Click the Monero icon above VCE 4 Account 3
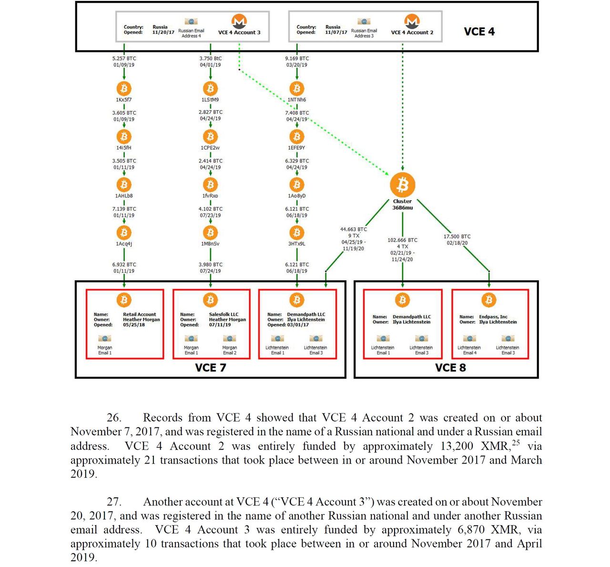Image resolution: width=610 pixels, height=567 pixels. pos(239,21)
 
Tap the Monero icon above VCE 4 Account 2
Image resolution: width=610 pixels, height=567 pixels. pos(412,21)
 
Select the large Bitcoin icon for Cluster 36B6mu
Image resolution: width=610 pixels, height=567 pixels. pos(402,185)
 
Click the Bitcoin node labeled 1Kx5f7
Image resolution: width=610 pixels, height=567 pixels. pos(124,89)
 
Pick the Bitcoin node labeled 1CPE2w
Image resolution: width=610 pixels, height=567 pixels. pos(210,136)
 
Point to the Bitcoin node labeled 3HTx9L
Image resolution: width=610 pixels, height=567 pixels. pos(297,233)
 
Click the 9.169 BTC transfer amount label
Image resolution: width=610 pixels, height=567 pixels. pos(297,59)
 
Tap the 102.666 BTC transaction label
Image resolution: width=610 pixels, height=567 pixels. pos(402,240)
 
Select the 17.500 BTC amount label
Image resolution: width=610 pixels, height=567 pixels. pos(457,237)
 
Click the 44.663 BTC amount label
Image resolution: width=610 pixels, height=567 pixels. pos(353,229)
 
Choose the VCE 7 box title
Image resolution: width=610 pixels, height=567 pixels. pos(210,368)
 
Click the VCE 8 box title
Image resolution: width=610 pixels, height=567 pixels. pos(450,368)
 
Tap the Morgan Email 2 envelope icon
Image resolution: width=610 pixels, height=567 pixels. pos(229,338)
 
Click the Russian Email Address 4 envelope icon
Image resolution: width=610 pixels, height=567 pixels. pos(191,21)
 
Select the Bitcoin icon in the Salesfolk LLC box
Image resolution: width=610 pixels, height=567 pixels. pos(210,300)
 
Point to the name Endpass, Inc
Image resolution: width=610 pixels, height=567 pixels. pos(493,317)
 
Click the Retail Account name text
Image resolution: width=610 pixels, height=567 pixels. pos(140,314)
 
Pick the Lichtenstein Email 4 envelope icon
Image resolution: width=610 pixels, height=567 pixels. pos(469,338)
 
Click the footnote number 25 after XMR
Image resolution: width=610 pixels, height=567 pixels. pos(516,443)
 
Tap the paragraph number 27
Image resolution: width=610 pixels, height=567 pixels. pos(114,502)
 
